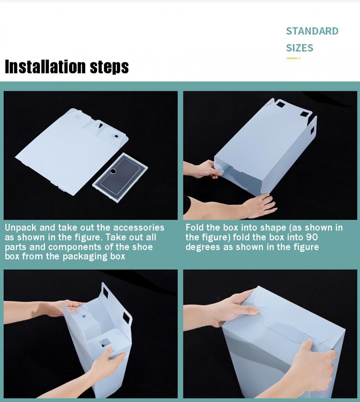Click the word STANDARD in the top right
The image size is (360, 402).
pyautogui.click(x=312, y=31)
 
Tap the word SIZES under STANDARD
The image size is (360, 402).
pyautogui.click(x=300, y=48)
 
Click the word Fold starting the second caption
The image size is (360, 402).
pyautogui.click(x=194, y=227)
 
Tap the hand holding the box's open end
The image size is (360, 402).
pyautogui.click(x=205, y=169)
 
